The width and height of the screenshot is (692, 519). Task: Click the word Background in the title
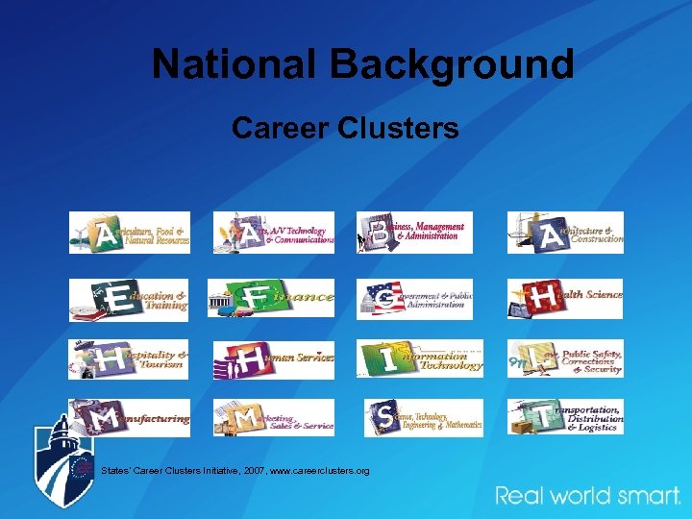click(452, 64)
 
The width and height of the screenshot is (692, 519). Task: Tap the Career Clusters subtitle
click(345, 127)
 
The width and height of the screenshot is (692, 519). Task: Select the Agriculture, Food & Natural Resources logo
click(130, 233)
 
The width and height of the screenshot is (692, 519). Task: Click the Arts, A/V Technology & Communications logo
click(274, 233)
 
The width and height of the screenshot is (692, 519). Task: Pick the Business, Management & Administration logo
click(414, 233)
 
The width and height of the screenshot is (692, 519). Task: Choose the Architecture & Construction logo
click(565, 233)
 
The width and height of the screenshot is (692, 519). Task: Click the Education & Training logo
click(129, 299)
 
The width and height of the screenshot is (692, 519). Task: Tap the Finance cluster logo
click(272, 298)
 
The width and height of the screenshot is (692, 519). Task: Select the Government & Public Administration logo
click(414, 298)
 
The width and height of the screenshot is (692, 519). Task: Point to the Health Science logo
click(565, 298)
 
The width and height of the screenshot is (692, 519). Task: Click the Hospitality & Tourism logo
click(129, 358)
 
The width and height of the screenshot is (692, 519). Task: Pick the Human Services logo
click(274, 358)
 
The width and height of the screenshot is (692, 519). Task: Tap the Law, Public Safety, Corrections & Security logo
click(565, 358)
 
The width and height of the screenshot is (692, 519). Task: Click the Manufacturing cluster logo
click(129, 417)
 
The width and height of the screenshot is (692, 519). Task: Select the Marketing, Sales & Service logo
click(274, 417)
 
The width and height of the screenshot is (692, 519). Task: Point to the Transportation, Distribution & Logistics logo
click(565, 417)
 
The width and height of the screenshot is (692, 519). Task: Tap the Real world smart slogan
click(588, 496)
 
